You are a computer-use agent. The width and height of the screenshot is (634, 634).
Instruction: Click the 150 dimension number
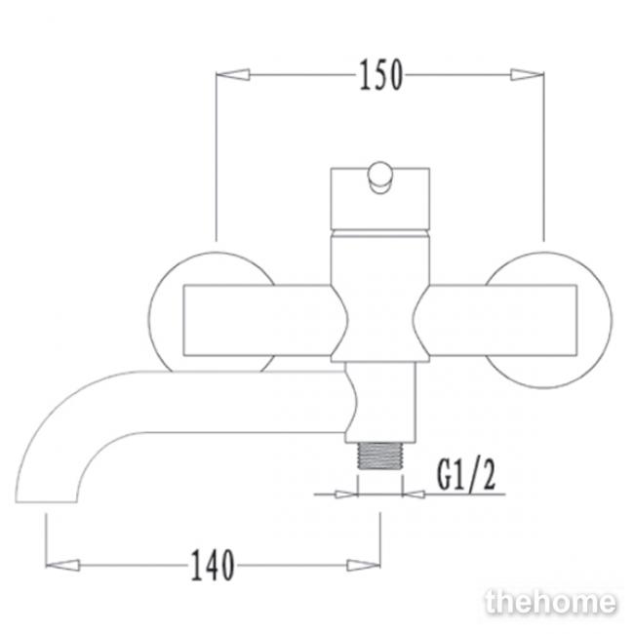tap(380, 75)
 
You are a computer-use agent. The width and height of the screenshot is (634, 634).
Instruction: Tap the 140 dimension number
tap(213, 565)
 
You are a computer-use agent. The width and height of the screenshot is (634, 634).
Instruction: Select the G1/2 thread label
tap(466, 476)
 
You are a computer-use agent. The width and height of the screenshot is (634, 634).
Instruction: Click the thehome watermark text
tap(550, 602)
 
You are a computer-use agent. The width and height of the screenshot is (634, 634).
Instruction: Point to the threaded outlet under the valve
tap(379, 456)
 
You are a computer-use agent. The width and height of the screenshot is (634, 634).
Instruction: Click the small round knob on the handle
tap(380, 178)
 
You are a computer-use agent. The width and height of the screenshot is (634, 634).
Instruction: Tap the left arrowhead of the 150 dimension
tap(232, 75)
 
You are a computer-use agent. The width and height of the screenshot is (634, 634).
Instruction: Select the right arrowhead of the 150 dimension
tap(527, 75)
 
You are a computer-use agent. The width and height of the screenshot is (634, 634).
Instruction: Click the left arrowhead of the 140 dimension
tap(62, 565)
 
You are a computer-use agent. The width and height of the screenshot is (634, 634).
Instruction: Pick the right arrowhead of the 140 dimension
tap(364, 565)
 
